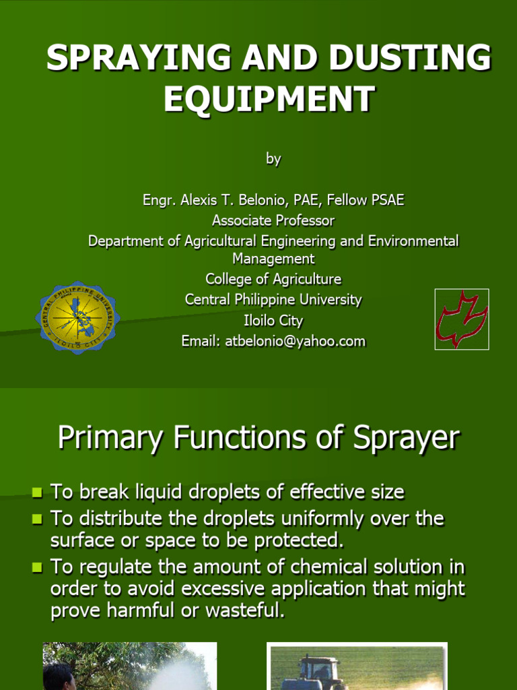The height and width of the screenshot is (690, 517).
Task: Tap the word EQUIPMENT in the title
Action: (x=269, y=99)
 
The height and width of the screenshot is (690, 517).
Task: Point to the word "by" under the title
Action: (x=273, y=159)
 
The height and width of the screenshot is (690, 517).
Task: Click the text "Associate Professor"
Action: (x=273, y=220)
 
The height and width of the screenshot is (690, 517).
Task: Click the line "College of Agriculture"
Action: (x=273, y=279)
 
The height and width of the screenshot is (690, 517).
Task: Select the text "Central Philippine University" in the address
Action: (x=273, y=299)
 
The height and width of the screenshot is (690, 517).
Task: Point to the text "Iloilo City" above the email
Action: (x=273, y=320)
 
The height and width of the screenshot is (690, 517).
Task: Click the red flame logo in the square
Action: (x=461, y=319)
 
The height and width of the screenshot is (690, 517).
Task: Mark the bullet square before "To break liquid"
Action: (x=37, y=493)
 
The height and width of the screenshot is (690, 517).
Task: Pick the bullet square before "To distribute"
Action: (x=37, y=520)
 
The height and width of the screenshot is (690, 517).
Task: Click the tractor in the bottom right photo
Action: (x=316, y=672)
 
